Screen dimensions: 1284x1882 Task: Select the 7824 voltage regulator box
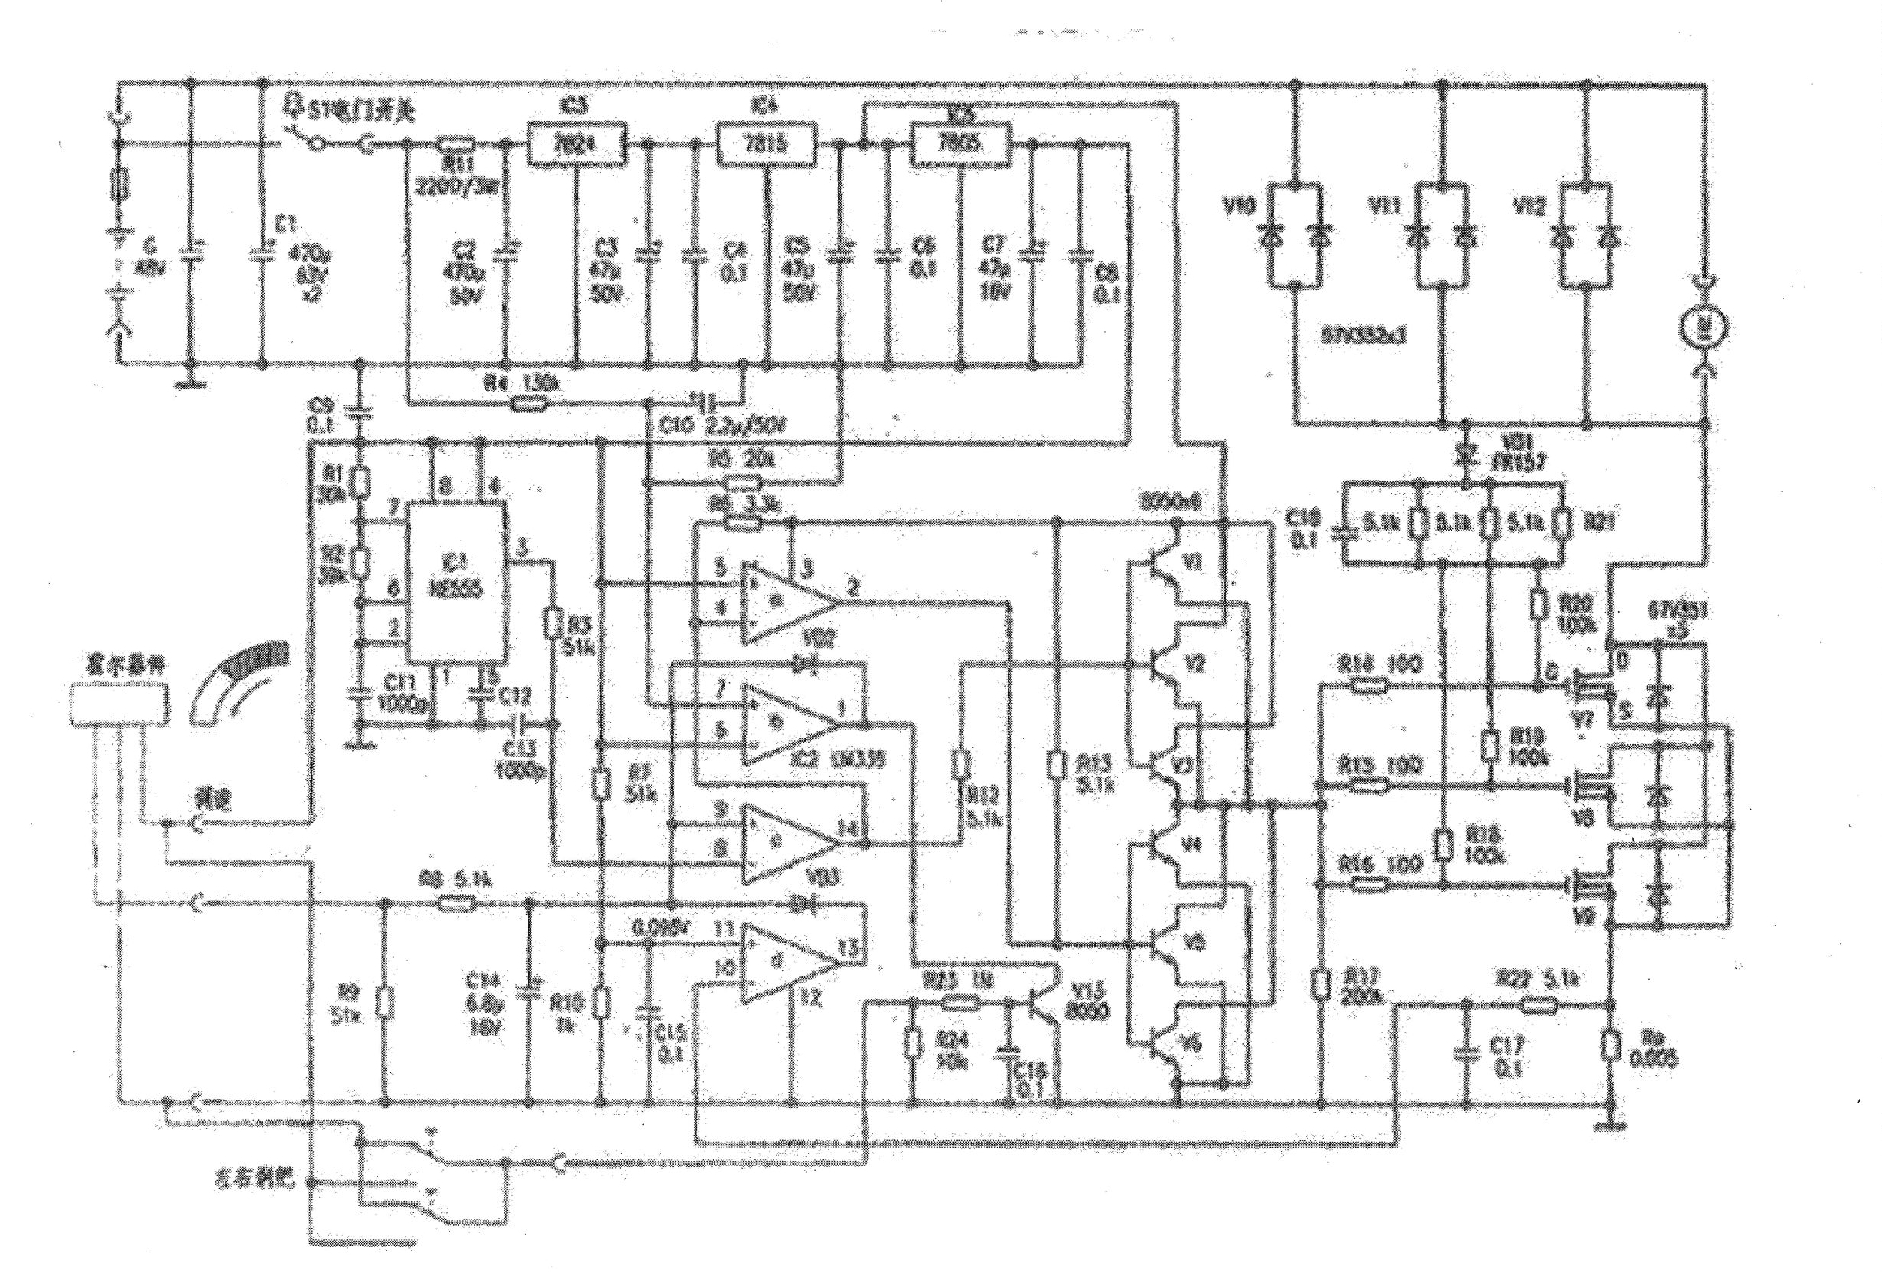(578, 144)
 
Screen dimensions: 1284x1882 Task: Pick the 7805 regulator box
(961, 144)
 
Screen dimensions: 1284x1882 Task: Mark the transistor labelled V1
(1164, 563)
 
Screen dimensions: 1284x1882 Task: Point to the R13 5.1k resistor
(1057, 765)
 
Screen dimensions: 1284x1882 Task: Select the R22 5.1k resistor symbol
(1536, 1006)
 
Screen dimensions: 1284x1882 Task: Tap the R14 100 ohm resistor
(1369, 687)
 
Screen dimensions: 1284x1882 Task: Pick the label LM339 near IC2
(859, 760)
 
